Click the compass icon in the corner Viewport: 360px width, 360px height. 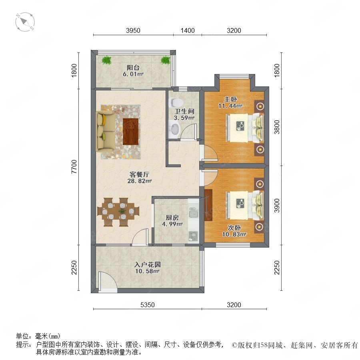pos(25,22)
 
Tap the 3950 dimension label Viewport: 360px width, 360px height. pos(133,30)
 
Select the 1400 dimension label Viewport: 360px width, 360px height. pos(188,30)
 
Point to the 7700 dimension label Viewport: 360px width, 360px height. pos(74,166)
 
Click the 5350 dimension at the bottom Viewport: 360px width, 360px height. pos(147,305)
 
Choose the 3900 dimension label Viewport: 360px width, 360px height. pos(277,206)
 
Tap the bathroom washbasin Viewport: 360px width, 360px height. pos(175,129)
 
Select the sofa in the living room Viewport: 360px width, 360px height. pos(106,131)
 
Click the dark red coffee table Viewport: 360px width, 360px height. pos(131,132)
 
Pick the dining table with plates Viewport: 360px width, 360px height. pos(118,212)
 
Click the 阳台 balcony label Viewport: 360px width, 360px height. pos(133,68)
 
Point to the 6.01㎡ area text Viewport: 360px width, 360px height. pos(133,74)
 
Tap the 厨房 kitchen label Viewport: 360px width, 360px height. pos(172,218)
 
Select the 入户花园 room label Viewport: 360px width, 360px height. pos(147,264)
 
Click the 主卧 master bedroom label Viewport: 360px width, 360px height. pos(230,99)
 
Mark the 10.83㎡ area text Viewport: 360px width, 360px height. pos(234,234)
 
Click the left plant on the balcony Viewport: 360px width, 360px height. pos(106,60)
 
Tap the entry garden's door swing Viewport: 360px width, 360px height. pos(108,280)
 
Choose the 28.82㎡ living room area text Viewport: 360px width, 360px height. pos(140,181)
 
